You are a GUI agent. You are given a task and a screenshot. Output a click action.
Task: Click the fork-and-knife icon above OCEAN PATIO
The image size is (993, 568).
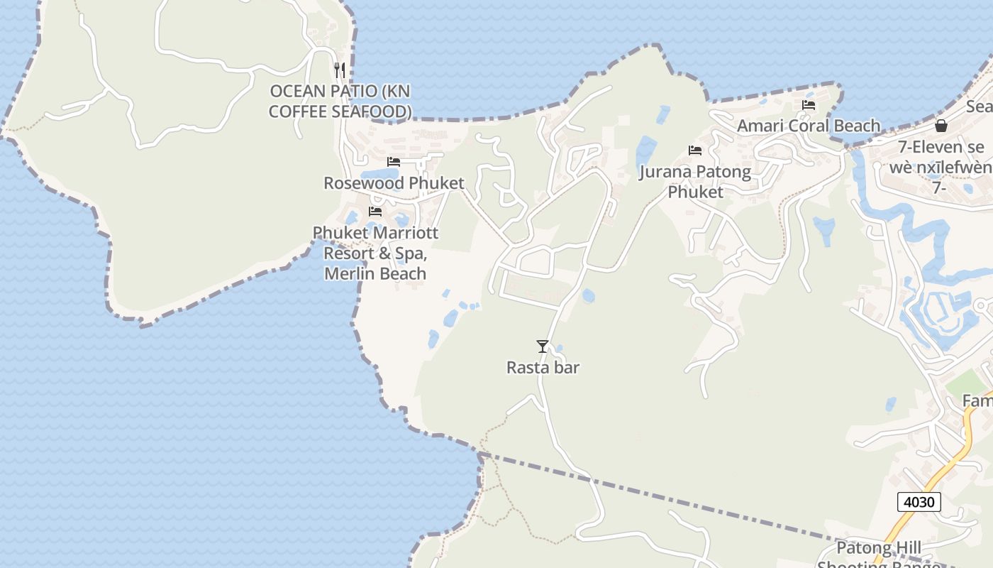[340, 70]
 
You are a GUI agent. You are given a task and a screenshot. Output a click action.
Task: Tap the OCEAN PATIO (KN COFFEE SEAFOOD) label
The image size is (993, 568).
[340, 102]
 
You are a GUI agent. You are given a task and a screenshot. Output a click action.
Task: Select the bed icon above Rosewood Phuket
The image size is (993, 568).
[394, 162]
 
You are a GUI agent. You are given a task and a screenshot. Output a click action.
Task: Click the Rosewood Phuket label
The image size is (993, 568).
[394, 183]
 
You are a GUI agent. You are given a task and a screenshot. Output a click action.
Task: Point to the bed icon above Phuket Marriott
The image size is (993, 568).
[375, 212]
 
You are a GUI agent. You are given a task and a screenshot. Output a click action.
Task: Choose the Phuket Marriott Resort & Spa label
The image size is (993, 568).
[375, 253]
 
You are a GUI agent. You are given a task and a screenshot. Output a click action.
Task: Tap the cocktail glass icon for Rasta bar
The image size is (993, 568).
[543, 346]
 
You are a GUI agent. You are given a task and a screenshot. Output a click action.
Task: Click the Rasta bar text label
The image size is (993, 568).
[543, 368]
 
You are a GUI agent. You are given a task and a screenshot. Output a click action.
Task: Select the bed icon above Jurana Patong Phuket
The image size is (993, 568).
[695, 151]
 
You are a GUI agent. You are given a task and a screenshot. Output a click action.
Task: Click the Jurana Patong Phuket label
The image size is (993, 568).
[695, 182]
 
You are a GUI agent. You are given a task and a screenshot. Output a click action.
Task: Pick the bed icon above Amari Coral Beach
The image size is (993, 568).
[808, 105]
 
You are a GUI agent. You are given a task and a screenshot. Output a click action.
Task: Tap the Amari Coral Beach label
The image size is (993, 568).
[809, 126]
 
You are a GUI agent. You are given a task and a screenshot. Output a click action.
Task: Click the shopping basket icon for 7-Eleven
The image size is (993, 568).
[941, 126]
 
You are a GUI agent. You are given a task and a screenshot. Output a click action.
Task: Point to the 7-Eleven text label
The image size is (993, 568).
[941, 148]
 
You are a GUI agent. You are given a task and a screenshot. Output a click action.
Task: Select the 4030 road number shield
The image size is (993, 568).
[919, 502]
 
